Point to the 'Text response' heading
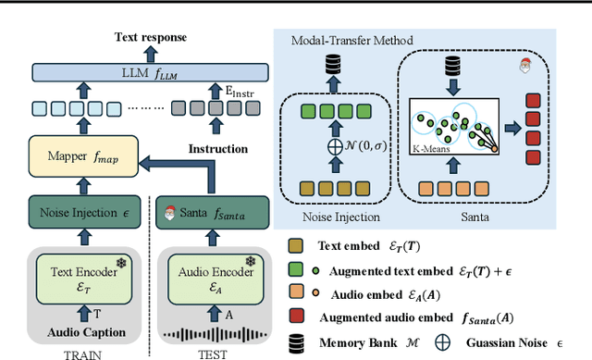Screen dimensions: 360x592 (150, 38)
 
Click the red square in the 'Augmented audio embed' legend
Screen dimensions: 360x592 (295, 317)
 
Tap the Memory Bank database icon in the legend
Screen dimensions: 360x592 (295, 341)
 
